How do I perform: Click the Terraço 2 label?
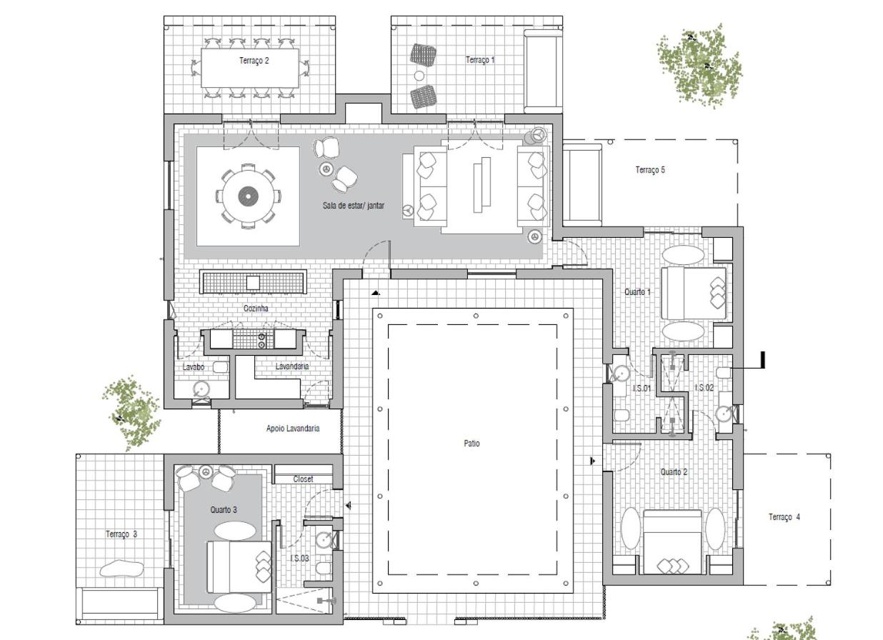(254, 61)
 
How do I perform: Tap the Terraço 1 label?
(480, 60)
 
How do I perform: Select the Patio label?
(472, 444)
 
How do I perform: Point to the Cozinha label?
(256, 308)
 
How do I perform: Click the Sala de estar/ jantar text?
(353, 205)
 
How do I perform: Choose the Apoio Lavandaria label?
(292, 429)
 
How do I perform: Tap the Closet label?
(303, 479)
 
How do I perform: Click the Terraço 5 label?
(650, 170)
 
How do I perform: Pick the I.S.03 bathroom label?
(299, 558)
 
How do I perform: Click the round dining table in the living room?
(249, 196)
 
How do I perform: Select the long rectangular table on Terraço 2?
(250, 68)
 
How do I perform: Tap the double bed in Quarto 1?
(694, 293)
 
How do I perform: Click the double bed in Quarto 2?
(672, 542)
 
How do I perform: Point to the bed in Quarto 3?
(239, 566)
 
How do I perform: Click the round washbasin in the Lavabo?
(201, 389)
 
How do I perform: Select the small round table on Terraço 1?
(419, 75)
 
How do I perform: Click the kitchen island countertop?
(253, 282)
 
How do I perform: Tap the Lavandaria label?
(291, 366)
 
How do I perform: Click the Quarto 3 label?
(224, 509)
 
